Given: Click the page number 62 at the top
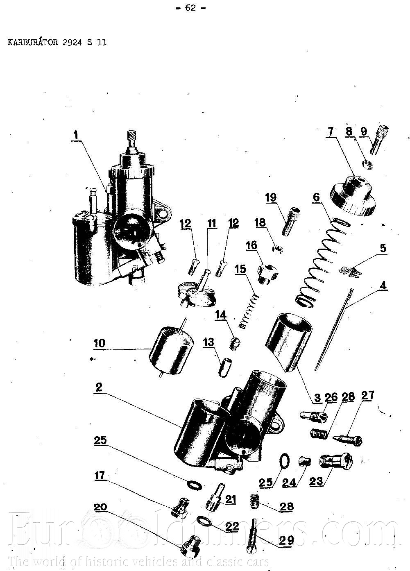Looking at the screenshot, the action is pos(190,8).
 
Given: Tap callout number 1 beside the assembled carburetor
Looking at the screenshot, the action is pos(76,135).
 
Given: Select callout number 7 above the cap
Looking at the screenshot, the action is pos(331,132).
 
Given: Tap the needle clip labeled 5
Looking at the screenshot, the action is pos(351,271).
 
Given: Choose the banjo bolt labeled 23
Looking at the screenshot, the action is pos(336,461).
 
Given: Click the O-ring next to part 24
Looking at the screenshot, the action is pos(284,461).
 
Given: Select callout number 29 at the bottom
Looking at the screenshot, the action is pos(286,540).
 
